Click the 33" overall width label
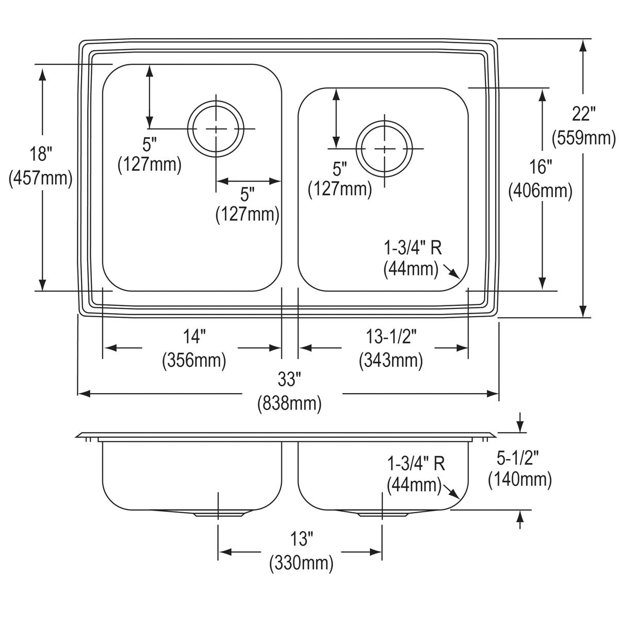coord(289,379)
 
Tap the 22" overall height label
coord(583,113)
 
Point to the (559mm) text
coord(583,138)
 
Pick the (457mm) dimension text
coord(40,178)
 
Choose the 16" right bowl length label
coord(541,167)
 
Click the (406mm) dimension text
coord(540,191)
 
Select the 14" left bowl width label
coord(194,337)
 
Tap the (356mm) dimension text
coord(194,361)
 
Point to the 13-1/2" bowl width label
coord(391,337)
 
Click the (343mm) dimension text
coord(390,361)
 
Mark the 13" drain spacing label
coord(301,539)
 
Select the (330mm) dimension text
coord(301,563)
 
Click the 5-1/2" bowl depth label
coord(518,458)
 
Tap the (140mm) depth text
coord(520,480)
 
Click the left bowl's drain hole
coord(216,128)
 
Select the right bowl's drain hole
coord(384,149)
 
